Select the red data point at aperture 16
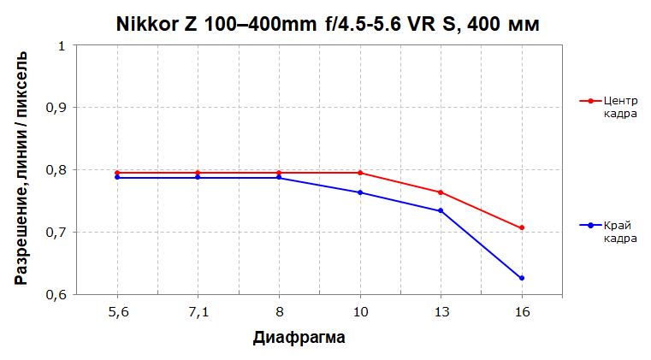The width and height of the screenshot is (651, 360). (521, 228)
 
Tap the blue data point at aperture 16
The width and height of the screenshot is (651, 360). (521, 278)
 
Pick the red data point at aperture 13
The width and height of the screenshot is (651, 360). (441, 192)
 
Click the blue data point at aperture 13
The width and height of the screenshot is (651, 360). (441, 210)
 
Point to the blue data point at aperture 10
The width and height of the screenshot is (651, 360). (359, 192)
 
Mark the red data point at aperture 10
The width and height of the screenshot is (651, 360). (359, 173)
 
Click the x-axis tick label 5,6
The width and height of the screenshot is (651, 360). (117, 312)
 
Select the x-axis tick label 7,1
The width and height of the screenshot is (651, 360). (198, 312)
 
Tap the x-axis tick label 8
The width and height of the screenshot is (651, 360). (279, 312)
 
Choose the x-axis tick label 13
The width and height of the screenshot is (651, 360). (441, 312)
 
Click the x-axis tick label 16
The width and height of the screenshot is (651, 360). (521, 312)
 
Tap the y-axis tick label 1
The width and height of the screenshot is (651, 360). (62, 45)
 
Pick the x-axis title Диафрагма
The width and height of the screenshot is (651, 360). (299, 337)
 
